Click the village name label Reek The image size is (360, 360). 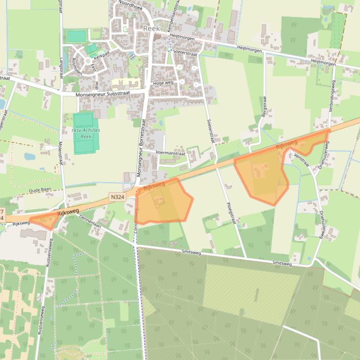click(151, 29)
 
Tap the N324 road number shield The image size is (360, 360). click(118, 197)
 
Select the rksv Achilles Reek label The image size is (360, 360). click(86, 133)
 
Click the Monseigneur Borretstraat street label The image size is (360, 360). click(141, 148)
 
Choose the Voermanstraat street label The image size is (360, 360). click(171, 153)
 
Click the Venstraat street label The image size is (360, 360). click(302, 160)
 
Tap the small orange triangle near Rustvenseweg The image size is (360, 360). click(44, 220)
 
